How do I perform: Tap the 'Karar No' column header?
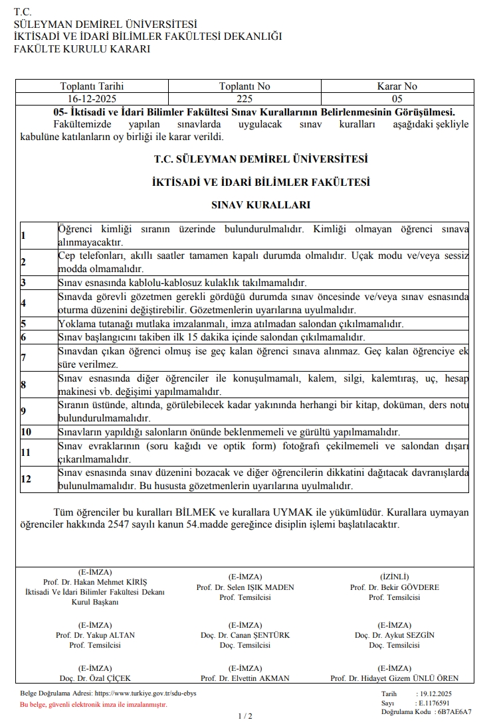[x=397, y=86]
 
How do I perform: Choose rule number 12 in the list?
[x=26, y=479]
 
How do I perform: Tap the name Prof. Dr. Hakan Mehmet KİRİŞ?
[x=95, y=582]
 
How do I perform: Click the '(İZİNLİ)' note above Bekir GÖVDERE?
[x=395, y=577]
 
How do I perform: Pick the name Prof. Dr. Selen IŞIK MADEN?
[x=245, y=587]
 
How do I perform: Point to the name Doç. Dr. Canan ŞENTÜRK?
[x=245, y=635]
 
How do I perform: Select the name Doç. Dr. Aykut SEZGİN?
[x=395, y=635]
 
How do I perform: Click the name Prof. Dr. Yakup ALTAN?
[x=95, y=635]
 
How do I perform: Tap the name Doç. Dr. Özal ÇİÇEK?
[x=95, y=678]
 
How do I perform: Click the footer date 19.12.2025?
[x=435, y=693]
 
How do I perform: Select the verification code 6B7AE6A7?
[x=454, y=711]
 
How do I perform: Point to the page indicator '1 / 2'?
[x=245, y=716]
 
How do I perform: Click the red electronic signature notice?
[x=93, y=705]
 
